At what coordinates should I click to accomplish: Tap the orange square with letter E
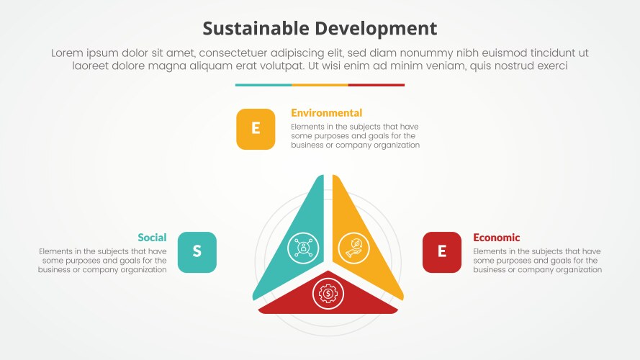pyautogui.click(x=256, y=129)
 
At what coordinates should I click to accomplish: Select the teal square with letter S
pyautogui.click(x=197, y=252)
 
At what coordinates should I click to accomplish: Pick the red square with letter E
pyautogui.click(x=442, y=252)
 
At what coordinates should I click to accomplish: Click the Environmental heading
pyautogui.click(x=326, y=113)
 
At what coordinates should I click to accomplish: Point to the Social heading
pyautogui.click(x=152, y=238)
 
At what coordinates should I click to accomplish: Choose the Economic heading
pyautogui.click(x=496, y=238)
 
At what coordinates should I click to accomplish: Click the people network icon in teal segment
pyautogui.click(x=303, y=247)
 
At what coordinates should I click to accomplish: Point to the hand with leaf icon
pyautogui.click(x=353, y=247)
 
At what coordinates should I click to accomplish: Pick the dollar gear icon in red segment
pyautogui.click(x=328, y=293)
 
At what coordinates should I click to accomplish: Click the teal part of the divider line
pyautogui.click(x=263, y=85)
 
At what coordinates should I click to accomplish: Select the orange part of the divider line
pyautogui.click(x=320, y=85)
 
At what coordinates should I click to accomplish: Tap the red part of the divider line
pyautogui.click(x=377, y=85)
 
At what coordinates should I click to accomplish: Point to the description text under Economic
pyautogui.click(x=537, y=261)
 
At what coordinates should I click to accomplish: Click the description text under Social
pyautogui.click(x=102, y=261)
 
